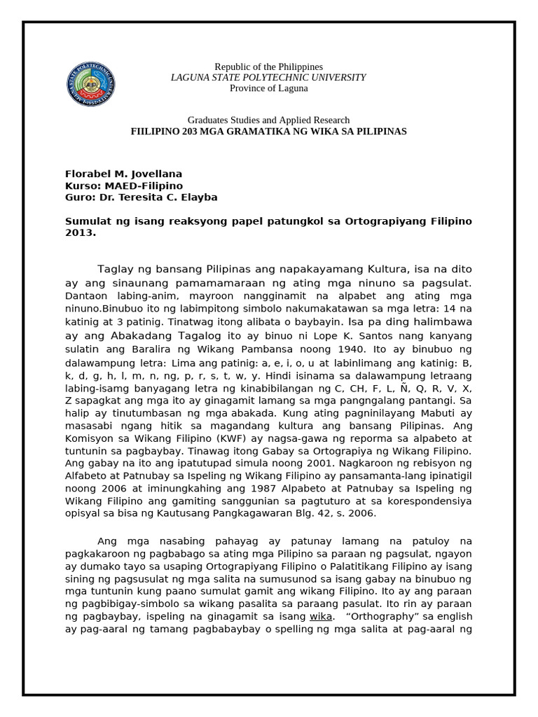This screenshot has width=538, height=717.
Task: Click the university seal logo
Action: pos(90,85)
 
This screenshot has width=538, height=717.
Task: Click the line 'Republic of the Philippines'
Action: pos(268,67)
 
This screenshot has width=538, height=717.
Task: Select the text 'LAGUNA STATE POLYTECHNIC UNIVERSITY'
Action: pos(268,77)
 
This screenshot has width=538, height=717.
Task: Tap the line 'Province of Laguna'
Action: pos(268,88)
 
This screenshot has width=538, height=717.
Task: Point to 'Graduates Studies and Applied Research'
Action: pos(269,120)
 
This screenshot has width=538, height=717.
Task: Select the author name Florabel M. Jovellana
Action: pos(123,174)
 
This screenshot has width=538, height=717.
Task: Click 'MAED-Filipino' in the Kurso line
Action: pos(144,186)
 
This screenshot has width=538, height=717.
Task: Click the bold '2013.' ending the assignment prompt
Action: pos(80,233)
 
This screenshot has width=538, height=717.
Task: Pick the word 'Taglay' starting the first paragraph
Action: pos(114,269)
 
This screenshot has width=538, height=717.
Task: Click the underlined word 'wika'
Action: pos(320,616)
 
